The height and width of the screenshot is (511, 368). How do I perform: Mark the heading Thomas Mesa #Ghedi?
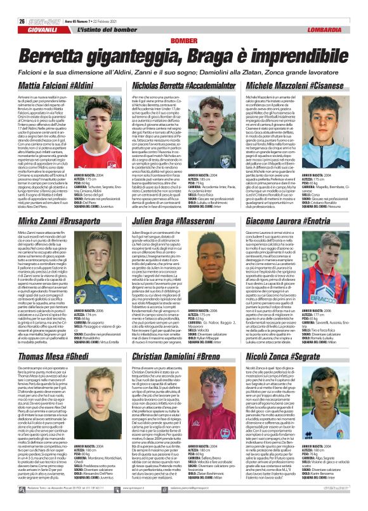tap(50, 358)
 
